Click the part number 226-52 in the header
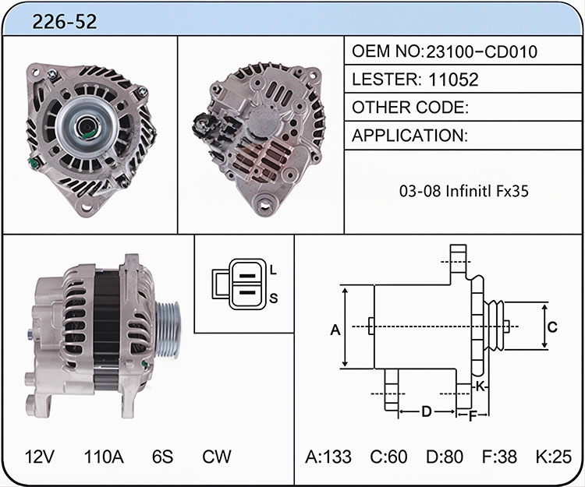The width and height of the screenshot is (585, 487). point(65,22)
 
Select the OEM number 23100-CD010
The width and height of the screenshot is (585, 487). point(481,51)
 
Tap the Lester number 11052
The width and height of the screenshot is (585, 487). point(453,79)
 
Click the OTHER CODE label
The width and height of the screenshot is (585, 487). point(410,108)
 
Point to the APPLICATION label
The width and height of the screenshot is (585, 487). point(409,136)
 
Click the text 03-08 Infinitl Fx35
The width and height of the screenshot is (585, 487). point(464,191)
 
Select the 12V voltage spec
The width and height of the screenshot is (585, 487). point(40,457)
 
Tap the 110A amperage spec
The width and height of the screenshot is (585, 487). point(104,457)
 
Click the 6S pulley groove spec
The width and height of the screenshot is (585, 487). point(163,457)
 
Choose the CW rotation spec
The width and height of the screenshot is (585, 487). point(216,457)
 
